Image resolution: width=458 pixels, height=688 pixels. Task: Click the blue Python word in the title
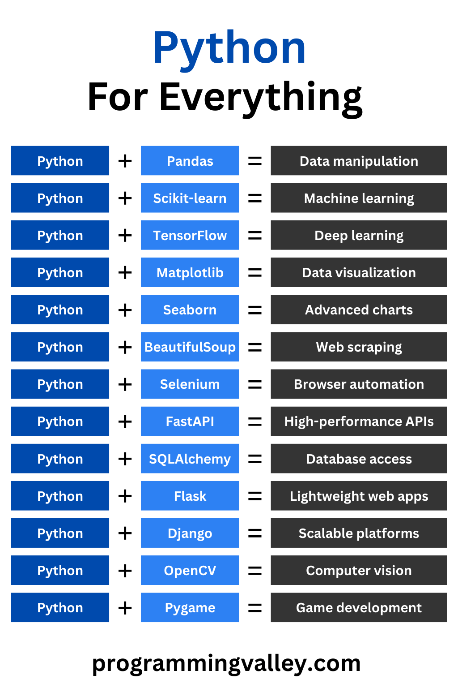(x=229, y=48)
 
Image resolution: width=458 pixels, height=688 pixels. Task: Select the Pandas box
(x=190, y=161)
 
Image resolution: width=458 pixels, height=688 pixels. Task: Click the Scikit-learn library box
(x=190, y=198)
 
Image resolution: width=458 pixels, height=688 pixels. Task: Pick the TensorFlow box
(x=190, y=235)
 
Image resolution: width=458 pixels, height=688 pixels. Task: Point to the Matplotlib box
(x=190, y=272)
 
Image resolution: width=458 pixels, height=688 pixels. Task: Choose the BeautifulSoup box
(x=190, y=347)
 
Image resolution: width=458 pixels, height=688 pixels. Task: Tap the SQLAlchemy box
(x=190, y=459)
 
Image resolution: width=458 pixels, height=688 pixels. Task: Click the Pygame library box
(x=190, y=607)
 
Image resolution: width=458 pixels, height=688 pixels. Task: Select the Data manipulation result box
(x=359, y=161)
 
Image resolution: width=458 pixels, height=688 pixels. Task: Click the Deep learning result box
(x=359, y=235)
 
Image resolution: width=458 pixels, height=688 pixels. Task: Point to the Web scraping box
(x=359, y=347)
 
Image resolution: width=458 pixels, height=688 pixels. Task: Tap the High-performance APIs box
(x=359, y=421)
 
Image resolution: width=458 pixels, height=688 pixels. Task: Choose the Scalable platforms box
(x=359, y=533)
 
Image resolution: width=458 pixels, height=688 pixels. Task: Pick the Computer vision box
(x=359, y=570)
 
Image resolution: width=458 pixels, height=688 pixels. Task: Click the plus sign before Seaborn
(x=125, y=310)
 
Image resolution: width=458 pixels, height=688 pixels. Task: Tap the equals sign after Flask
(x=255, y=496)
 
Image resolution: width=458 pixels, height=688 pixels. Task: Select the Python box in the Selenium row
(x=60, y=384)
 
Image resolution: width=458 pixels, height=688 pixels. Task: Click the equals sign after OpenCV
(x=255, y=570)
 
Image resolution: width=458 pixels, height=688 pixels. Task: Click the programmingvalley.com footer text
(x=226, y=663)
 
